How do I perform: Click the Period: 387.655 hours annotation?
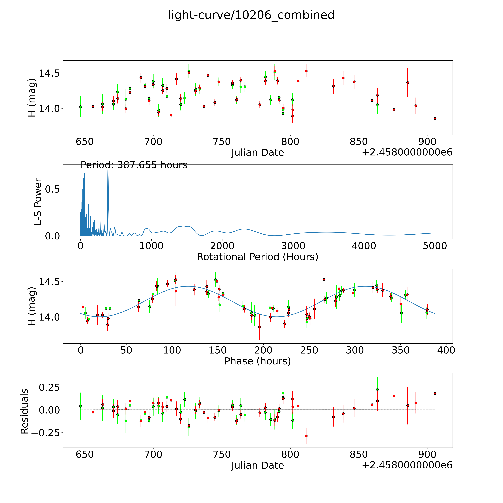tap(134, 165)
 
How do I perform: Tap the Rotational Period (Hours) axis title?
tap(257, 257)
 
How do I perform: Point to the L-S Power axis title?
tap(38, 202)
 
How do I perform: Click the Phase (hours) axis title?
tap(257, 361)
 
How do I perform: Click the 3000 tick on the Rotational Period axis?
tap(293, 246)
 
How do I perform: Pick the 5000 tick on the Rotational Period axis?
tap(435, 246)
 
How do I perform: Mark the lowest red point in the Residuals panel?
tap(306, 436)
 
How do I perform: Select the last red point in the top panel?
tap(435, 118)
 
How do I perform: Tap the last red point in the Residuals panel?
tap(435, 393)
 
